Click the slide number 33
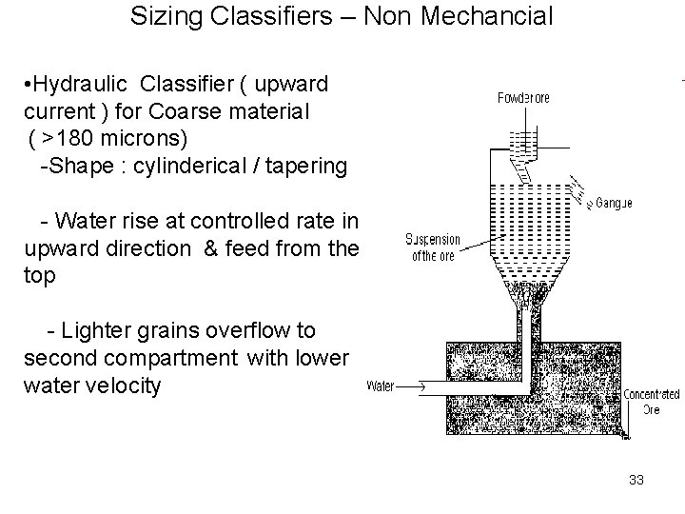[636, 480]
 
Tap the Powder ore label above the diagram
[523, 97]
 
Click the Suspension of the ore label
[434, 246]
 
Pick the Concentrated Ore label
[651, 401]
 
